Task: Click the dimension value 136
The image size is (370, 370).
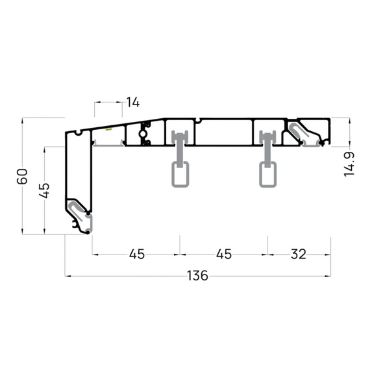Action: coord(197,276)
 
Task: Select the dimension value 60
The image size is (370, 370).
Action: coord(22,176)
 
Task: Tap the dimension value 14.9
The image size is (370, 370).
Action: coord(349,164)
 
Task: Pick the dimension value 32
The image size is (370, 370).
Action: coord(298,254)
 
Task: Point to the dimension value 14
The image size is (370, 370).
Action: coord(133,102)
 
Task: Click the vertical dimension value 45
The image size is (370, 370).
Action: coord(44,190)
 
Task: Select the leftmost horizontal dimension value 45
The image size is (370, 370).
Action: coord(137,254)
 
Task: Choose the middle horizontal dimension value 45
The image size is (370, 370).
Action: coord(224,254)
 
